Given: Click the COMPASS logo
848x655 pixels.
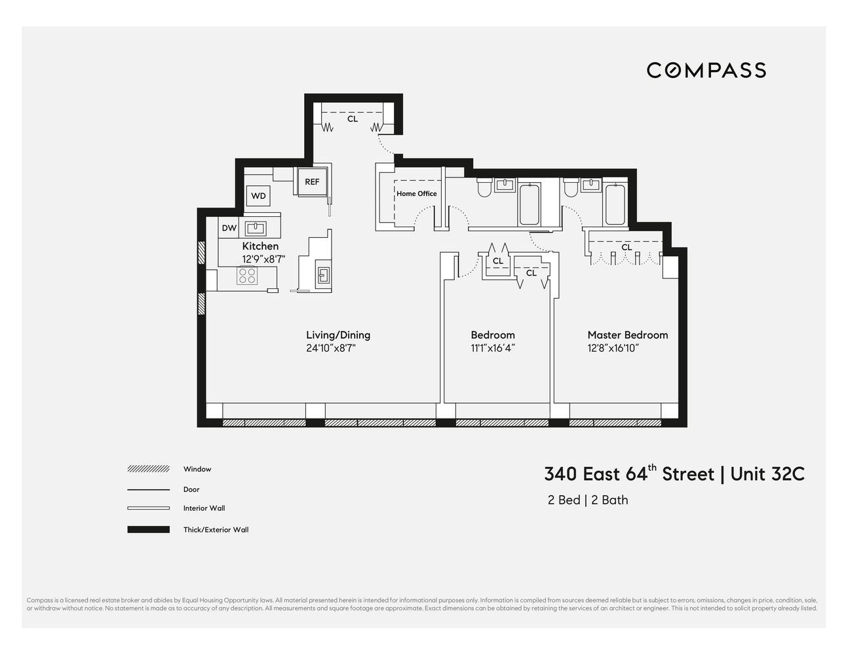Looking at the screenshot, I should coord(706,70).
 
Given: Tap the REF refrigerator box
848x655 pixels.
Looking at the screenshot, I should coord(312,181).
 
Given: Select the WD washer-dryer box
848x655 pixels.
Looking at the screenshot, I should coord(258,196).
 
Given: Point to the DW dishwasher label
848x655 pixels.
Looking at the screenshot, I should coord(229,228).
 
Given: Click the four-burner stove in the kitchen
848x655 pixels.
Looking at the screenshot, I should coord(247,276).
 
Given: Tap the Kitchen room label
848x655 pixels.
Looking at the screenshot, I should coord(260,246).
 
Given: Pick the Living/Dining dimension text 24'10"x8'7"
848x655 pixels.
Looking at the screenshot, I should coord(330,348).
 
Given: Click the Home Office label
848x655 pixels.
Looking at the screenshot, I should coord(416,193).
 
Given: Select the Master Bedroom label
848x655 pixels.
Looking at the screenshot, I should coord(627,335).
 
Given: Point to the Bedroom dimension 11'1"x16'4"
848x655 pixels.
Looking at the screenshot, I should coord(492,348).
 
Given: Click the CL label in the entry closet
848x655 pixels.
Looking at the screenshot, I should coord(353,119).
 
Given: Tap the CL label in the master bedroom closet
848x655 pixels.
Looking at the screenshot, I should coord(626,247).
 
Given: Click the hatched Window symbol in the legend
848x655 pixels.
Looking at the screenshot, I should coord(148,469).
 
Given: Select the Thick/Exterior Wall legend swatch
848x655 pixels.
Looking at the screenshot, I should coord(148,529).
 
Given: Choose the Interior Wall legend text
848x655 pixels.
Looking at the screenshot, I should coord(204,508).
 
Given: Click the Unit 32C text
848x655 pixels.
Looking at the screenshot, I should coord(767,474).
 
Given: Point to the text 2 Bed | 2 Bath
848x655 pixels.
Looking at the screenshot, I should coord(588,500).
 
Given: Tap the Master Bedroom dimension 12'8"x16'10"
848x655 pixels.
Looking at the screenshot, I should coord(613,348).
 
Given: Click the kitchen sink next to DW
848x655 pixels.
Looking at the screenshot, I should coord(255,228).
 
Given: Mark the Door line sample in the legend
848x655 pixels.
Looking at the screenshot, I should coord(148,489).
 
